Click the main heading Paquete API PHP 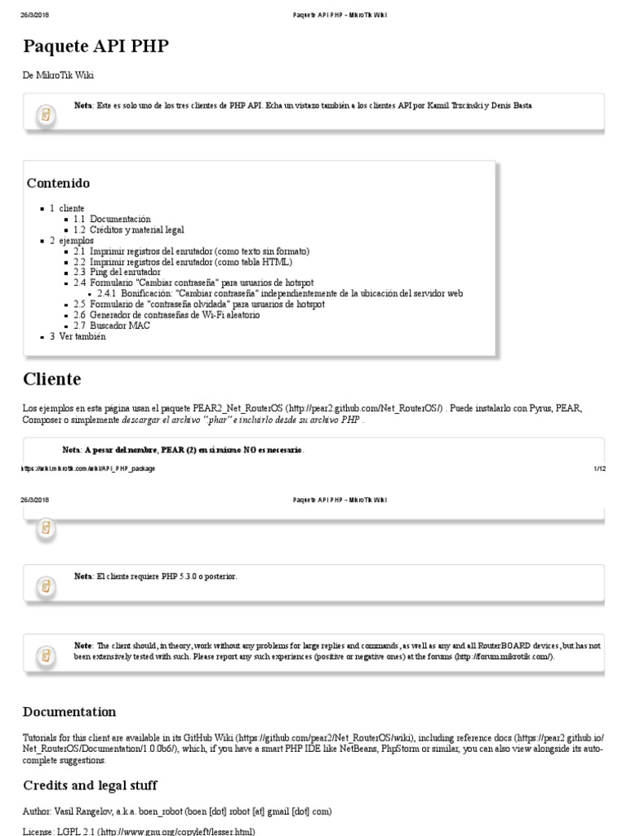coord(96,46)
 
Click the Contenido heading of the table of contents coord(58,183)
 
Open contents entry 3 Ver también coord(78,336)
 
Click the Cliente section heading coord(51,379)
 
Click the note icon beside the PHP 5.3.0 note coord(47,585)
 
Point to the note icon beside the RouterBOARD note coord(47,655)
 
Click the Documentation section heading coord(69,712)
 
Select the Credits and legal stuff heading coord(90,785)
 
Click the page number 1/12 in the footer coord(598,469)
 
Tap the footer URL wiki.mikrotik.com coord(88,469)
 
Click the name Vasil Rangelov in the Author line coord(85,812)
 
